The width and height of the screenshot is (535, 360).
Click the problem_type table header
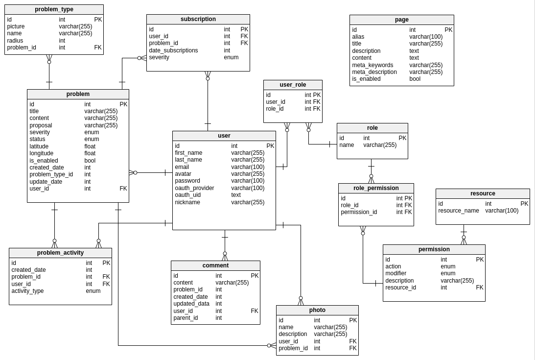[54, 9]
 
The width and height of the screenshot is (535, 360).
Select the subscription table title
[198, 19]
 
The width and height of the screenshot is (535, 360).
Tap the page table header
[401, 20]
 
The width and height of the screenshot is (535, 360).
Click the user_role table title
[293, 85]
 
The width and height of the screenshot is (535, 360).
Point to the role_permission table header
[376, 188]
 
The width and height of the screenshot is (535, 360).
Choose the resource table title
[483, 193]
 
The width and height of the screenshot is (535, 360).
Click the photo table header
[317, 310]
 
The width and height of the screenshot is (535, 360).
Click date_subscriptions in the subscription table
[173, 50]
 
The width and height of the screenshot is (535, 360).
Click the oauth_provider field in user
[194, 188]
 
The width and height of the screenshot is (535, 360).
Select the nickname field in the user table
[187, 202]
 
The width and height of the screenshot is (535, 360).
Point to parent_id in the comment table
[186, 318]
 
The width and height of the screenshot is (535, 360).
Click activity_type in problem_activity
[27, 291]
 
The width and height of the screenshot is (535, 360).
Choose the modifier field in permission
[395, 273]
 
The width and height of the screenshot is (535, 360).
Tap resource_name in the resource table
[458, 211]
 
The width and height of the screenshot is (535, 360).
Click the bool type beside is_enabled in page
[415, 79]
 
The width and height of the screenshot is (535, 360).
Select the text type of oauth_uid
[236, 195]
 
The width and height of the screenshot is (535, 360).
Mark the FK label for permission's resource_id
[480, 288]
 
